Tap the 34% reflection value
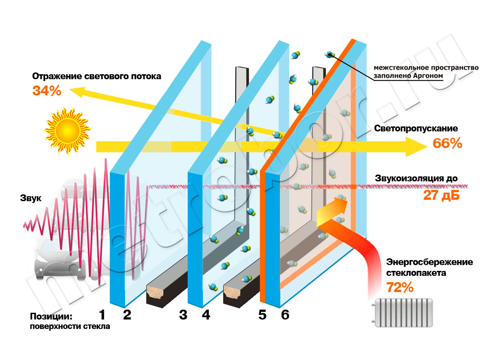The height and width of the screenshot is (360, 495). (x=46, y=90)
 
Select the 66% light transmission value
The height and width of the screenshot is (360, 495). (x=447, y=144)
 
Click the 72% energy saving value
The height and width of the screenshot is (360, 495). (x=400, y=287)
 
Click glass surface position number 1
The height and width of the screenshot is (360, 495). (x=102, y=315)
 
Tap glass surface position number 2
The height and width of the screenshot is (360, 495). (x=127, y=315)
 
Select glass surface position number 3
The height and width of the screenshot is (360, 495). (x=183, y=315)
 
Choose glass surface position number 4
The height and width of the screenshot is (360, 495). (x=206, y=315)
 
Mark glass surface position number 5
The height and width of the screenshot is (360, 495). (x=263, y=315)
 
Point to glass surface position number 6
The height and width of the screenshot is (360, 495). (x=285, y=315)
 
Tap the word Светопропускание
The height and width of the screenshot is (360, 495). (x=416, y=129)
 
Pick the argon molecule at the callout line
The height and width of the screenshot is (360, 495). (x=330, y=54)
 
